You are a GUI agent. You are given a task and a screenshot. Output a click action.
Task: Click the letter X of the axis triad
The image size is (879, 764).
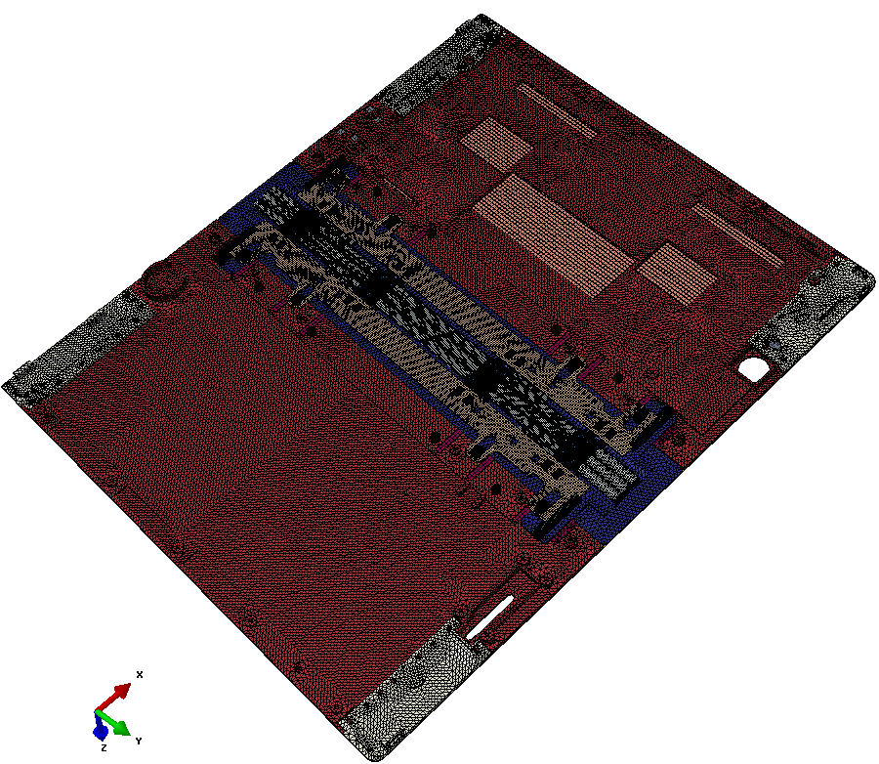point(140,674)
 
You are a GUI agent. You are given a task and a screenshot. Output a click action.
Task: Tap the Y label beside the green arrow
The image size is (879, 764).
point(139,741)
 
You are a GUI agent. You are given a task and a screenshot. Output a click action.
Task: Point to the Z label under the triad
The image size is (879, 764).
point(104,748)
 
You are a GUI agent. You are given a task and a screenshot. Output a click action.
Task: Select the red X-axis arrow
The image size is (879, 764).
point(114,697)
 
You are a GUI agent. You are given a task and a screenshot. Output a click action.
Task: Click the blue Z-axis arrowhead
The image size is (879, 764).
point(101,731)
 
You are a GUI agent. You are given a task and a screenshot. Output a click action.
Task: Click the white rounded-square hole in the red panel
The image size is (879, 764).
point(753,369)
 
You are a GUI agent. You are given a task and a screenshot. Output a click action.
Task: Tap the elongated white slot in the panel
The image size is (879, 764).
point(489,617)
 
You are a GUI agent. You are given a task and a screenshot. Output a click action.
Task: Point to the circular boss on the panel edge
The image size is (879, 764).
point(164,276)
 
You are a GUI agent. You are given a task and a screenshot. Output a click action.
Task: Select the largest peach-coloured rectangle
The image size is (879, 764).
point(554,234)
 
